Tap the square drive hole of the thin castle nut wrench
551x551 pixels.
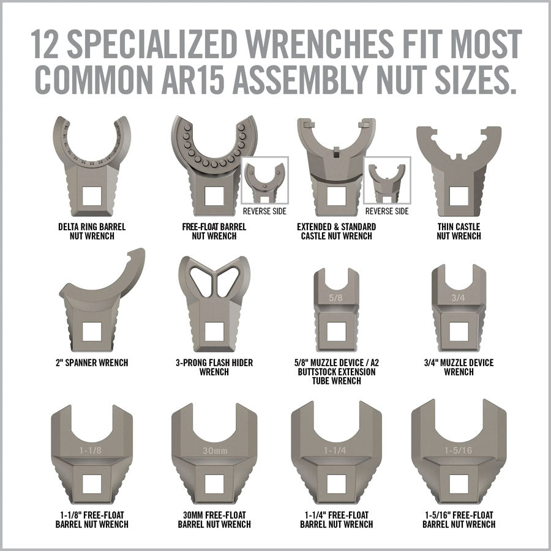coord(459,197)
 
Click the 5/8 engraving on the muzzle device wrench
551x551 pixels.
coord(335,298)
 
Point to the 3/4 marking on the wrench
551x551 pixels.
coord(458,298)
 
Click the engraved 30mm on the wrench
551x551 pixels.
coord(215,451)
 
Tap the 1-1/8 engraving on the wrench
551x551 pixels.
coord(91,450)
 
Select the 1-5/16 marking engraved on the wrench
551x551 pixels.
coord(458,450)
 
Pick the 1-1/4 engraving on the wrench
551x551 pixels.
coord(335,450)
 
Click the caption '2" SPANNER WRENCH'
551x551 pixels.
coord(92,362)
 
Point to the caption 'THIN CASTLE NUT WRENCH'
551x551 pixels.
coord(459,231)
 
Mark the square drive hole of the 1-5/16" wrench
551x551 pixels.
coord(459,484)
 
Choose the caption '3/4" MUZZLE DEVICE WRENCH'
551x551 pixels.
coord(459,367)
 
